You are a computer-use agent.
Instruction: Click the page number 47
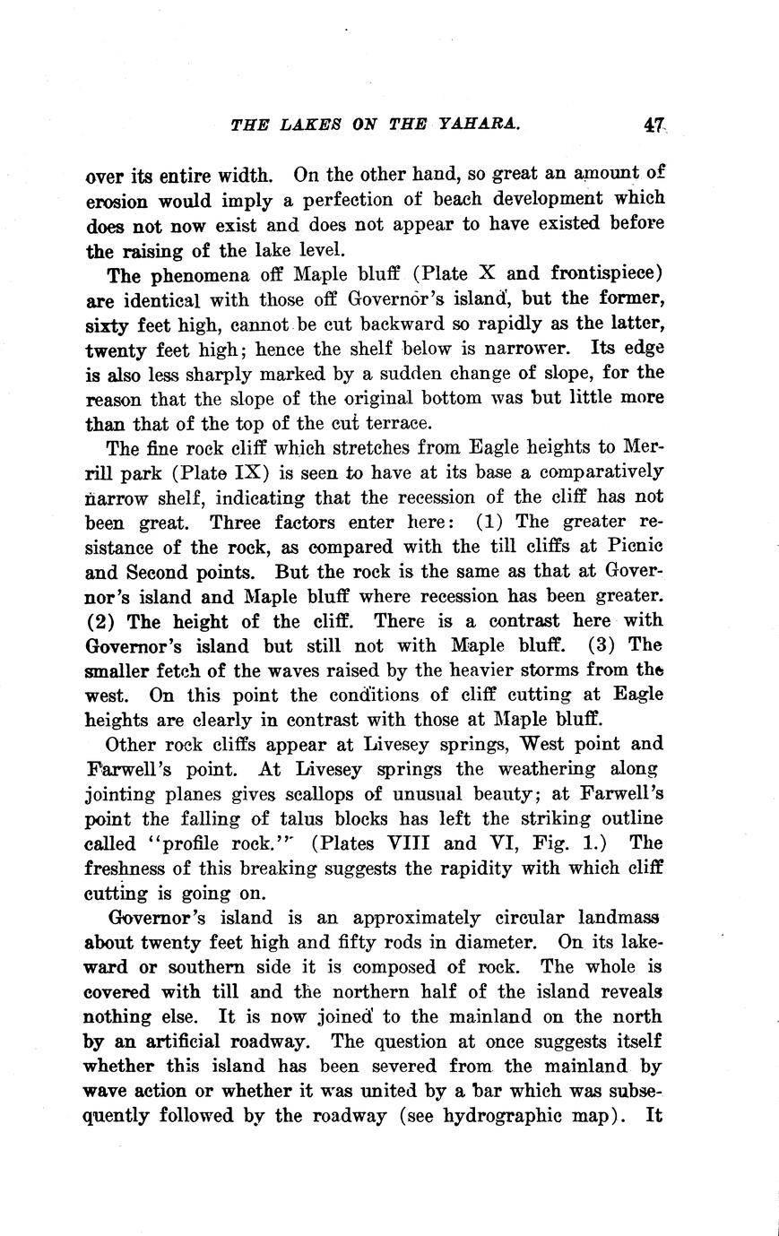[652, 126]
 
